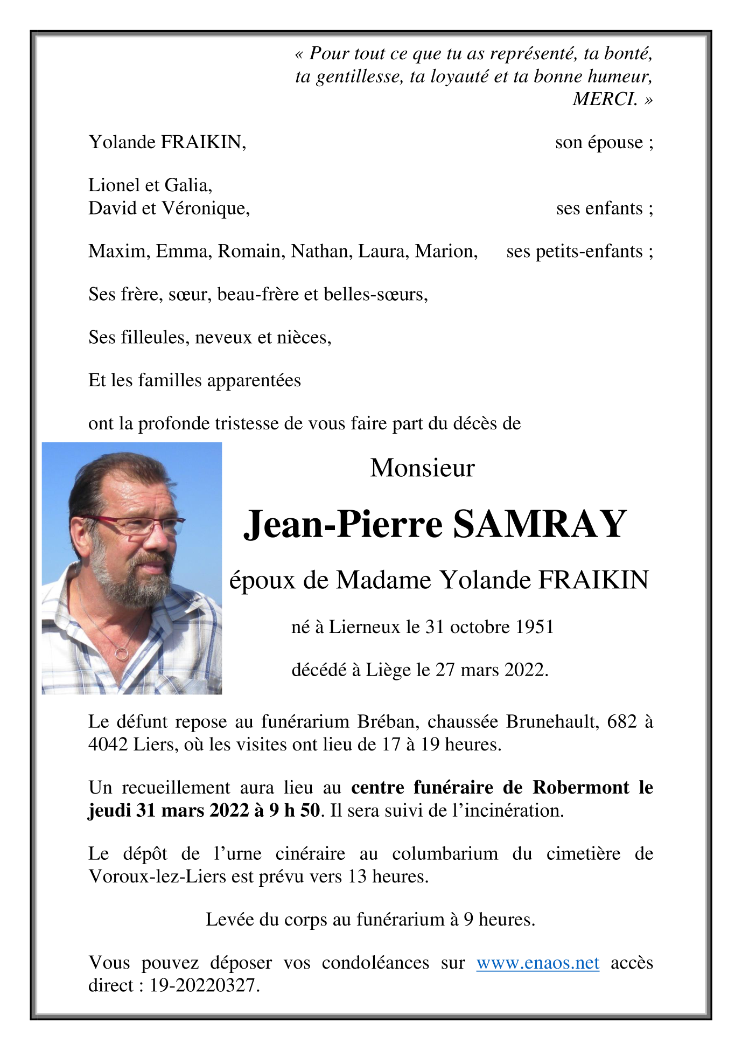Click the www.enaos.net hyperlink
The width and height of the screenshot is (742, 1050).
(537, 963)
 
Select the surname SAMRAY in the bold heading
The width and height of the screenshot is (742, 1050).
(540, 524)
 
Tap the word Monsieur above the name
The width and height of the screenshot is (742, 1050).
(422, 468)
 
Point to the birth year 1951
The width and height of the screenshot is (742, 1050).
(535, 627)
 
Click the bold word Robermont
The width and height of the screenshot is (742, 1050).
(580, 787)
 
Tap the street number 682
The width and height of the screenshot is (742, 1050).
(622, 721)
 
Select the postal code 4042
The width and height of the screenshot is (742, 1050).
(108, 745)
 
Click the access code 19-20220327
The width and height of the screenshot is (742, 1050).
(204, 985)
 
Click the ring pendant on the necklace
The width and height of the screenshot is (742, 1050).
(122, 654)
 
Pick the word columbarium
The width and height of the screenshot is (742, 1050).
(445, 854)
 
